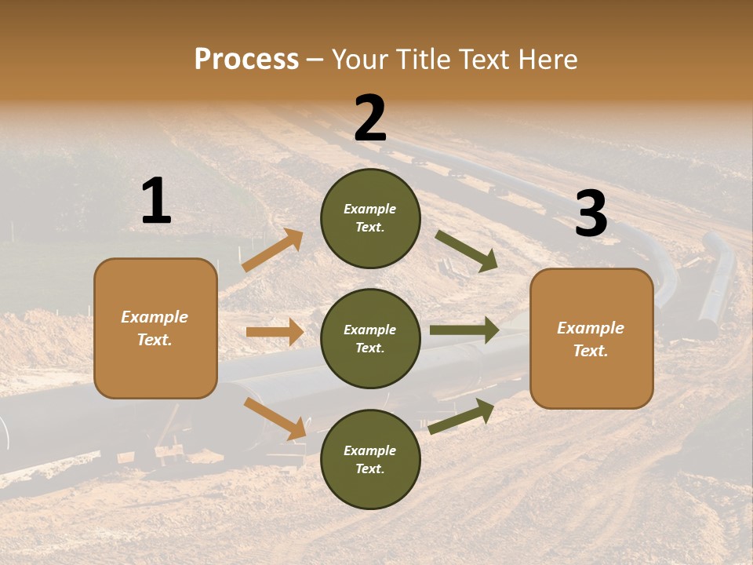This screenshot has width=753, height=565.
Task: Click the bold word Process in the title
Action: pos(246,59)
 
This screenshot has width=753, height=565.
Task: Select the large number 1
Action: pos(156,202)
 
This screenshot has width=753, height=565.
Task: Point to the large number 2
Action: pos(370,118)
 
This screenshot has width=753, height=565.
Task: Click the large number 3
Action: pos(591,214)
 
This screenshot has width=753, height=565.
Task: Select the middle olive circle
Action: pos(370,338)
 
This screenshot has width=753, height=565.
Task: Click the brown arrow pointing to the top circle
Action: pos(273,250)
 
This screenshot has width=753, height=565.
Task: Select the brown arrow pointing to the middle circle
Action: pos(275,332)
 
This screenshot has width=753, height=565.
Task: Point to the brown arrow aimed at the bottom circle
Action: pos(275,418)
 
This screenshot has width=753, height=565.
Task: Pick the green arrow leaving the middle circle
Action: pos(464,330)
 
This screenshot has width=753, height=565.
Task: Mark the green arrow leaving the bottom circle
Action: pos(461,416)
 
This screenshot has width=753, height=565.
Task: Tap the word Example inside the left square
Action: pos(155,317)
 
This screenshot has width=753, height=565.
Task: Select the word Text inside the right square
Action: pos(591,351)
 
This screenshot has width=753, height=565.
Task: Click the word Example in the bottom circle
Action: pos(369,450)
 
